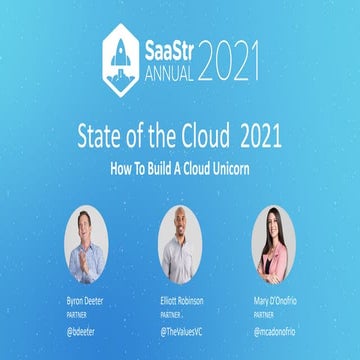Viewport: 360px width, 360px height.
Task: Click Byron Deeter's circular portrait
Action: click(x=86, y=241)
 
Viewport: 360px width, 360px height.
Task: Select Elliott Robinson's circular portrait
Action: click(x=179, y=241)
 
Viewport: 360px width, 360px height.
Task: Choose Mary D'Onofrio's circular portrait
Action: click(x=275, y=241)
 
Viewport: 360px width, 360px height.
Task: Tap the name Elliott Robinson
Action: click(x=180, y=299)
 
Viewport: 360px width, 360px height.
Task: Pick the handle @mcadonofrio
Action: click(x=276, y=328)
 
